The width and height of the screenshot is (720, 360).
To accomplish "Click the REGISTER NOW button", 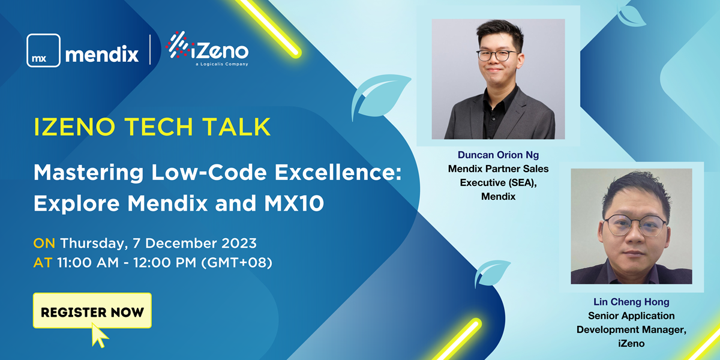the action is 92,311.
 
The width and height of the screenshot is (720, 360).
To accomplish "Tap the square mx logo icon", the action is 43,50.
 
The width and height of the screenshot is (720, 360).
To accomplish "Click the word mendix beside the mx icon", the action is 102,53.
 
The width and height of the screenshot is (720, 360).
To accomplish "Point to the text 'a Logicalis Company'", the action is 222,64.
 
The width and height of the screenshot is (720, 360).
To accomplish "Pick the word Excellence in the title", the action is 337,173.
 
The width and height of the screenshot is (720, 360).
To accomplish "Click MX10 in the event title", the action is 294,203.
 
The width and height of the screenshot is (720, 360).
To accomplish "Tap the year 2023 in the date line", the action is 239,244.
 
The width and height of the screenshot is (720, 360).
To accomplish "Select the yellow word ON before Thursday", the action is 44,244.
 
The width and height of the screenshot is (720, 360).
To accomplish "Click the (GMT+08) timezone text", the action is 236,263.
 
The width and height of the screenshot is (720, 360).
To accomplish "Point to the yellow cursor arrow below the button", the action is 100,335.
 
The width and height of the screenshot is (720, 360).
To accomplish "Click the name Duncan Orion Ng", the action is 498,155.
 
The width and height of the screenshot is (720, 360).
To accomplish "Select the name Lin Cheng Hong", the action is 631,302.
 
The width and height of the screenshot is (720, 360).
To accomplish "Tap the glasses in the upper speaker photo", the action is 497,55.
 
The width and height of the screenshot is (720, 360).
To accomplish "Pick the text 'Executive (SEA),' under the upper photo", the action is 498,182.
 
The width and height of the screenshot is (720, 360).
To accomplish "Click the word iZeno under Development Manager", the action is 631,344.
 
